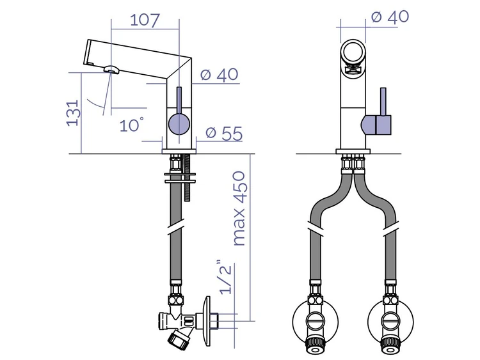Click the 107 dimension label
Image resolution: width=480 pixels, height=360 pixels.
point(145,20)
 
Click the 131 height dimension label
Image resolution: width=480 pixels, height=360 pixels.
point(74,113)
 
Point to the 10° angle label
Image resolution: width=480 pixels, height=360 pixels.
point(131,125)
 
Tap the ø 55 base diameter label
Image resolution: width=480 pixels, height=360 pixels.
point(224,133)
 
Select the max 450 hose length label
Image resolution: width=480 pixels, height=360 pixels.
point(239,208)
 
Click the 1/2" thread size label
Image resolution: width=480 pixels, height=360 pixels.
point(226,277)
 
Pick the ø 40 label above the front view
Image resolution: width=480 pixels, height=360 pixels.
point(390,16)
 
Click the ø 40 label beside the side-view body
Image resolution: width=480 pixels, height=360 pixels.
point(219,74)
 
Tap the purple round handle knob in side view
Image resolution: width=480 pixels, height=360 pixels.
point(179,124)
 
